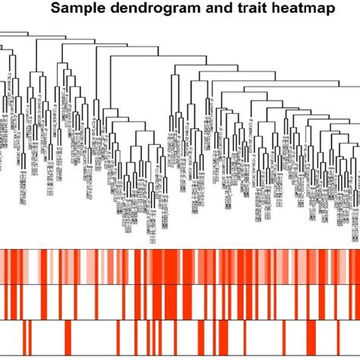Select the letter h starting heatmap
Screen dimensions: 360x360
(261, 9)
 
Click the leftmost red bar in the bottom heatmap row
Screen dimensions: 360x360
(24, 338)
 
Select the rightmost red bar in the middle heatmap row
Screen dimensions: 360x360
(355, 302)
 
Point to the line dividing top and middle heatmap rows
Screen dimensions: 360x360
(180, 285)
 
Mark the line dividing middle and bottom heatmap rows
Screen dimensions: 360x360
(180, 320)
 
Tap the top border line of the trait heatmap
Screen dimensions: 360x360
(180, 249)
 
